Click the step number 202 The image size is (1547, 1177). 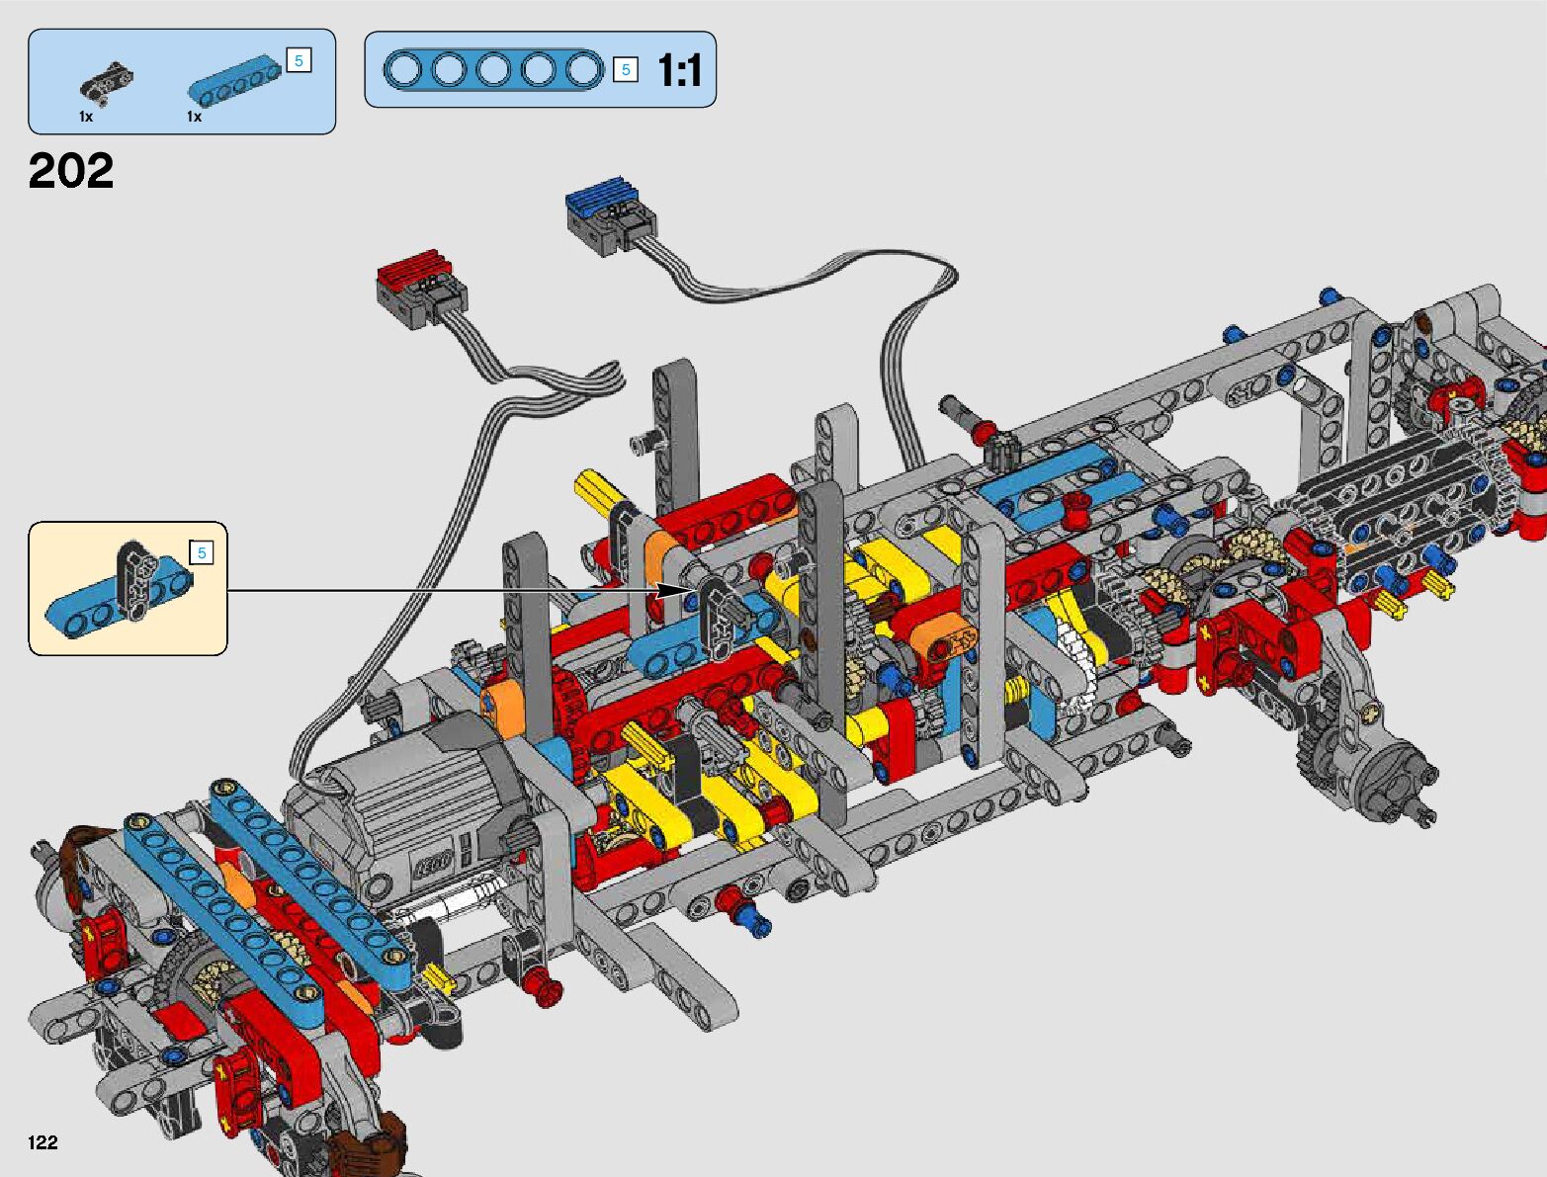pos(71,170)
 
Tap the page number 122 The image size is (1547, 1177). pos(43,1141)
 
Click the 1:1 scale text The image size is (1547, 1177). pos(679,70)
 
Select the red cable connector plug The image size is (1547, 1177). pos(421,289)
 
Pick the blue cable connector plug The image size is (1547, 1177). pos(610,215)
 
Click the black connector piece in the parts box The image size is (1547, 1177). pos(106,84)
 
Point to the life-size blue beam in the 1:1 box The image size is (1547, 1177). pos(494,70)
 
